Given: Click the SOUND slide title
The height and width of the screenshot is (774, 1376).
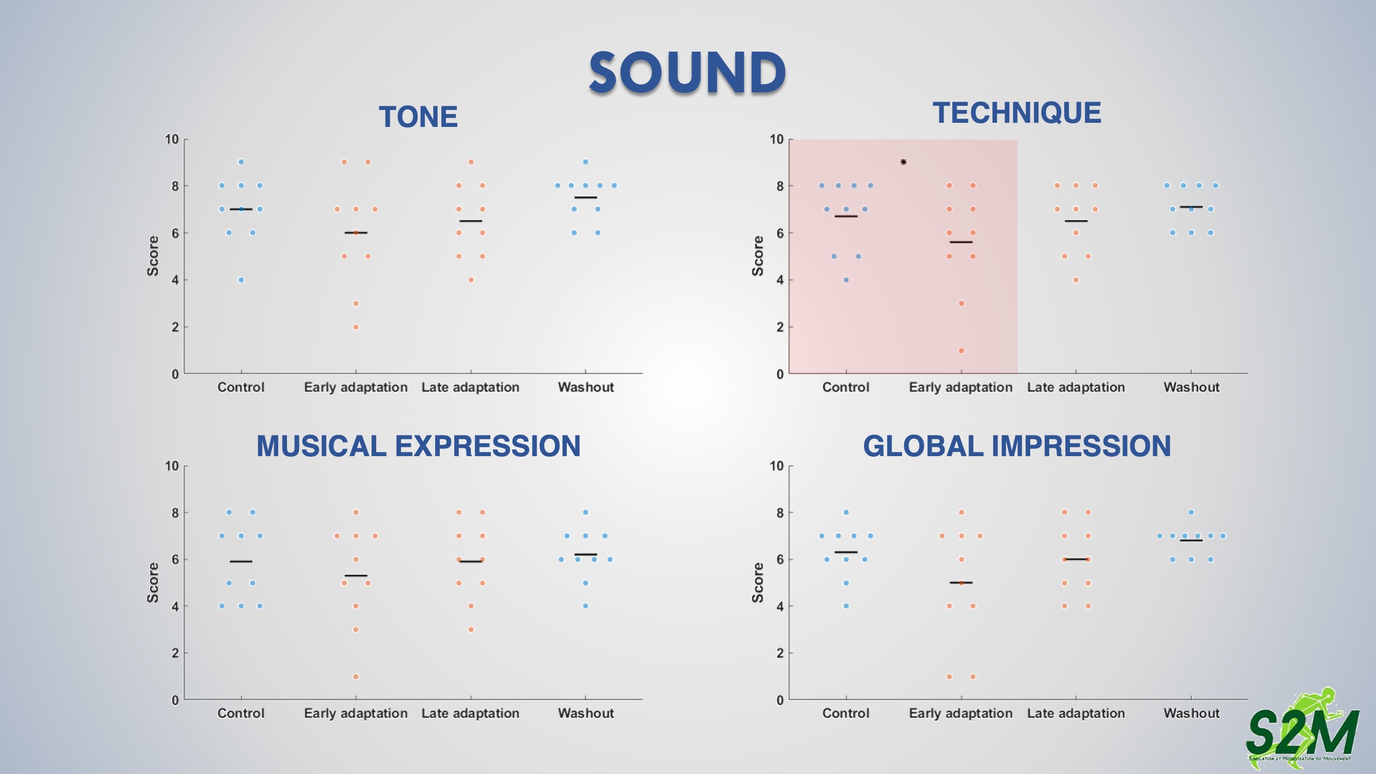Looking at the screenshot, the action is tap(687, 73).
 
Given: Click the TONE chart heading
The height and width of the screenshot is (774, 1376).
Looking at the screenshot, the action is tap(418, 117).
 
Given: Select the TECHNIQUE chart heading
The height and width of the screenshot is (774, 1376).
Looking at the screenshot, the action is tap(1016, 112).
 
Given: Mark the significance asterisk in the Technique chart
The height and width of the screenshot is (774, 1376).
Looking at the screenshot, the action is tap(903, 162).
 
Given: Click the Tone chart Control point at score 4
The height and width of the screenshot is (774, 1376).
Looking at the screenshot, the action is tap(241, 280).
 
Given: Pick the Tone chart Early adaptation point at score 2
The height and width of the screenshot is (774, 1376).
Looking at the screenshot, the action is tap(356, 327).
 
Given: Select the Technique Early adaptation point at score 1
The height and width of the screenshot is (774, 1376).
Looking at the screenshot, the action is tap(962, 351).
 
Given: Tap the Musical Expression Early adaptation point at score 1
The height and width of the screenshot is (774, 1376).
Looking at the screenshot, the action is tap(356, 677).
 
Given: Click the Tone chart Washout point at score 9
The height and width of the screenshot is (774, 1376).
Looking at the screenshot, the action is tap(585, 162).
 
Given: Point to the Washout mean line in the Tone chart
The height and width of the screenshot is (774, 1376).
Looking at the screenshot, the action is tap(585, 198).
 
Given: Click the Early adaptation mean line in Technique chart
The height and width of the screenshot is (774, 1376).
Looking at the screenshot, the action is tap(961, 243).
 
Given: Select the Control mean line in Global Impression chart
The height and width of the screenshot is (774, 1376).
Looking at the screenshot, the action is tap(846, 552).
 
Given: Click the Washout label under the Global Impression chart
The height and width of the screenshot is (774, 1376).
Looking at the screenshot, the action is tap(1192, 713).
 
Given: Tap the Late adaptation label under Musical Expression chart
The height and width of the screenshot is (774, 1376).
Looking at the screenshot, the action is tap(470, 714).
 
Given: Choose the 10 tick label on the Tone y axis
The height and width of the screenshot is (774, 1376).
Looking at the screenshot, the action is tap(171, 139).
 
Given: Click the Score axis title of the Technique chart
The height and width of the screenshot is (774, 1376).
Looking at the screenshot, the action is tap(758, 256).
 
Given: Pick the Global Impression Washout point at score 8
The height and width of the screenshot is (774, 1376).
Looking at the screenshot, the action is tap(1191, 512).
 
